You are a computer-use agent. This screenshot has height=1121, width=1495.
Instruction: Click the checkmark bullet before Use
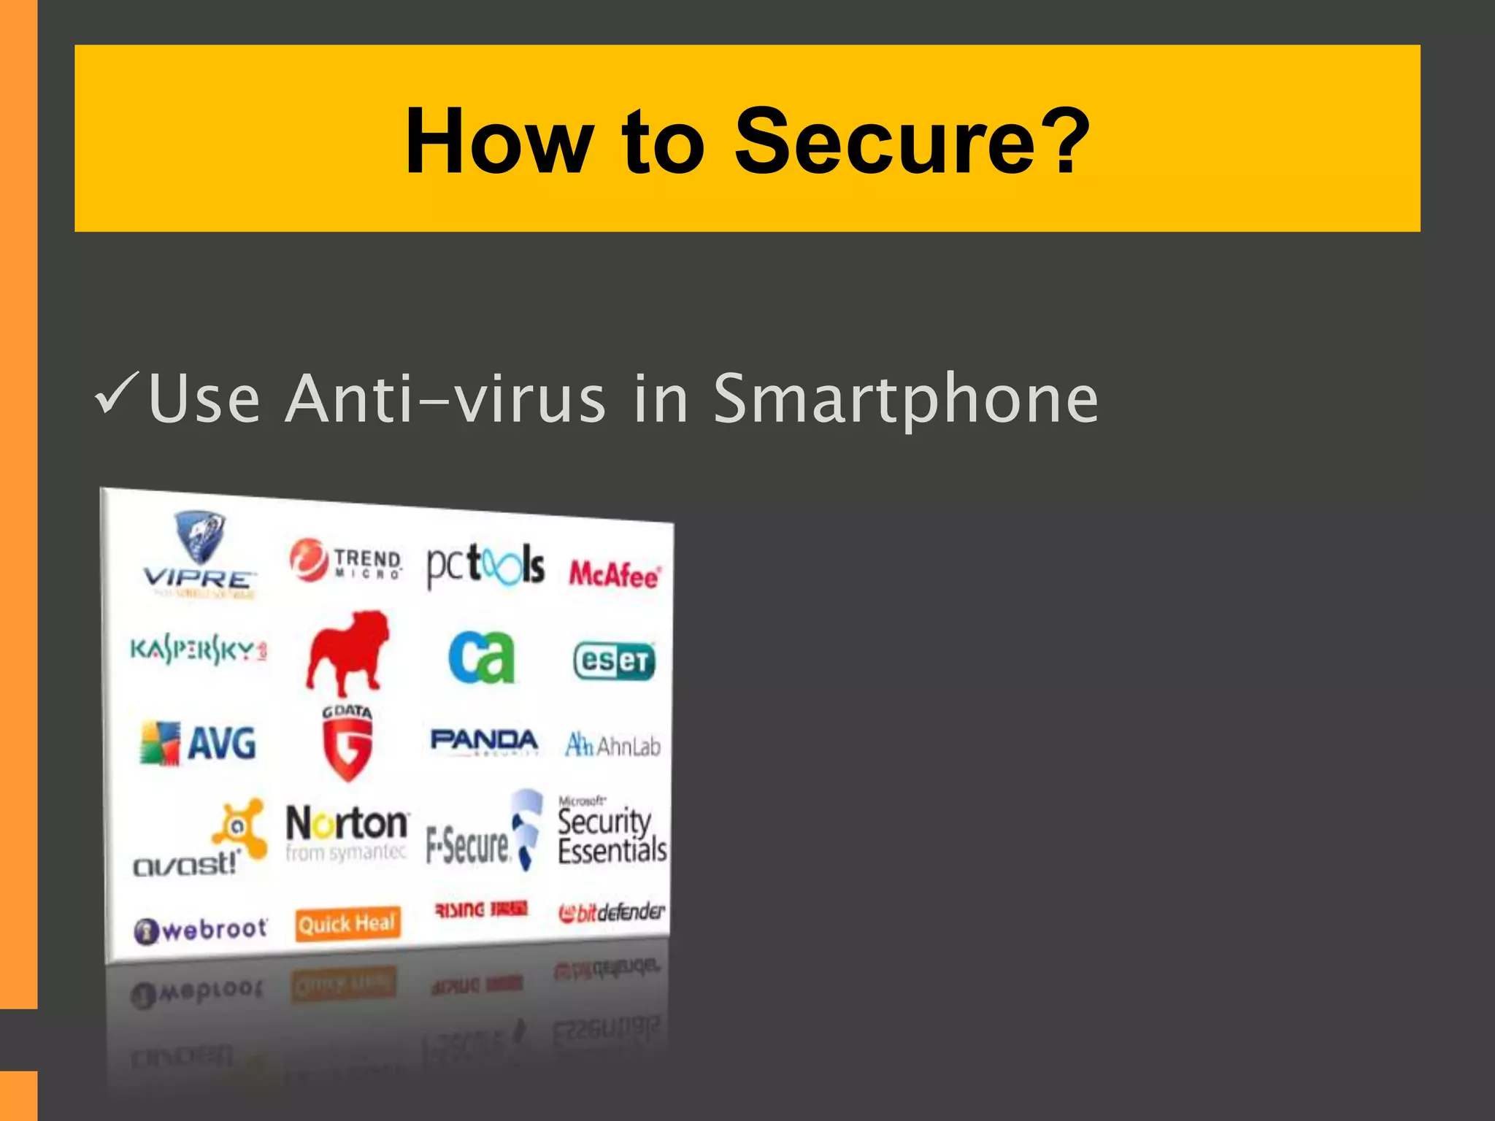click(116, 394)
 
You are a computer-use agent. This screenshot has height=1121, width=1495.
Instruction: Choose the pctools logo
click(485, 566)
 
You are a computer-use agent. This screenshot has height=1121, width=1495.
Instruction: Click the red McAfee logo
click(615, 575)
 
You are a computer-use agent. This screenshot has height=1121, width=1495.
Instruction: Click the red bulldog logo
click(347, 653)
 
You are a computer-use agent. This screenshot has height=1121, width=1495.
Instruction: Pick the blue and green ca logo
click(482, 657)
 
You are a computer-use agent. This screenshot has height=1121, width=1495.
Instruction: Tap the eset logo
click(614, 661)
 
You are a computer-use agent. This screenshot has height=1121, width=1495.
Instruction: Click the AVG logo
click(199, 743)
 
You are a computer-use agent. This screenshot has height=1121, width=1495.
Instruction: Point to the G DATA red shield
click(347, 743)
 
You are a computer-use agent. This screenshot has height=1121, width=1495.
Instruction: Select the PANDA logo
click(484, 741)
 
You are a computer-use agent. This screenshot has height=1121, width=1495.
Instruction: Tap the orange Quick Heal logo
click(347, 924)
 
